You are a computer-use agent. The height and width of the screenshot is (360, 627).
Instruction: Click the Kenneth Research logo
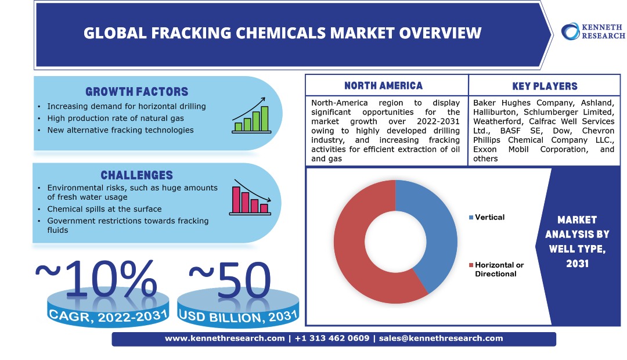coord(593,31)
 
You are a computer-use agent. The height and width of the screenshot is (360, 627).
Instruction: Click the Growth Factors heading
coord(137,92)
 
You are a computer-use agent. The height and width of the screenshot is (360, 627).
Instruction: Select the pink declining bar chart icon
coord(250,197)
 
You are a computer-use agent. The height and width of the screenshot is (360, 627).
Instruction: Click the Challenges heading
coord(137,175)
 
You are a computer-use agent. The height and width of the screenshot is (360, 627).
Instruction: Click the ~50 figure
coord(230,280)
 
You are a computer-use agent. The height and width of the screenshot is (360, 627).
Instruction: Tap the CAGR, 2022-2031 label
coord(107,316)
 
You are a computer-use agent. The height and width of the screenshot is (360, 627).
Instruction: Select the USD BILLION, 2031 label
coord(239,316)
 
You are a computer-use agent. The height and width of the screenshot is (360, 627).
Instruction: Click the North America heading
coord(384,85)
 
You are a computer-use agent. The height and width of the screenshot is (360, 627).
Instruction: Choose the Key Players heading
coord(545,86)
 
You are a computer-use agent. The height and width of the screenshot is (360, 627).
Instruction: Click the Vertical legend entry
coord(487,217)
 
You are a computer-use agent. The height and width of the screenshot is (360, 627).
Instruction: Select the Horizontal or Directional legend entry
coord(496,269)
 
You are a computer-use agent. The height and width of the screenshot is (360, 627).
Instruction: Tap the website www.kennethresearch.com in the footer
coord(225,339)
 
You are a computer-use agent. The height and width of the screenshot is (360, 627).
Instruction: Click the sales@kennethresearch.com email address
coord(441,339)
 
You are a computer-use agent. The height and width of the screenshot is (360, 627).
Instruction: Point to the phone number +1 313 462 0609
coord(332,339)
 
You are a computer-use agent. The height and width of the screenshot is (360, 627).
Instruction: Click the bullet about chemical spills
coord(105,209)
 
